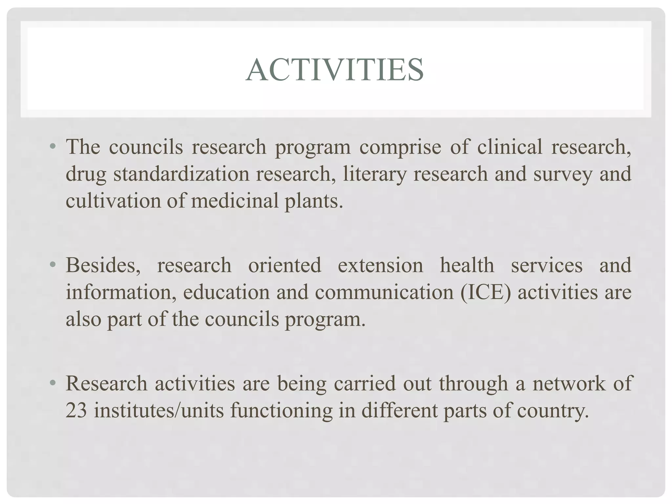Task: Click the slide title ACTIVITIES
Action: [x=335, y=70]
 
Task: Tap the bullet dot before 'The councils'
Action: [x=52, y=146]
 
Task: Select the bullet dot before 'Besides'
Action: [x=52, y=264]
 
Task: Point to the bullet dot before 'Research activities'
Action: [x=52, y=383]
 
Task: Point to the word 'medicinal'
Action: [x=235, y=200]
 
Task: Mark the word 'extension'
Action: [x=380, y=265]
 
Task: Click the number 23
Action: [x=76, y=410]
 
